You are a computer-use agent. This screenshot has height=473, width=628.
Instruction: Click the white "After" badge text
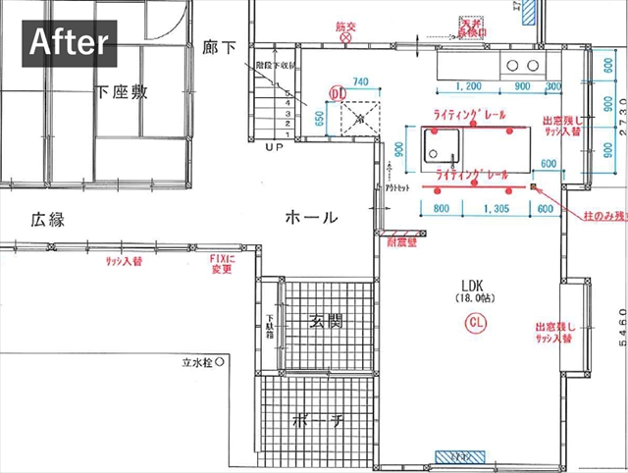point(74,42)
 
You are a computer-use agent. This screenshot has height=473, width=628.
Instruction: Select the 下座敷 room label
point(122,92)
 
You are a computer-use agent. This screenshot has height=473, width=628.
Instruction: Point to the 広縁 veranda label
point(46,220)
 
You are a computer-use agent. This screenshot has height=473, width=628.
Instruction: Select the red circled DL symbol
point(336,91)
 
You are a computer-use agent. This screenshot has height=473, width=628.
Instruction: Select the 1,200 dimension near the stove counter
point(468,86)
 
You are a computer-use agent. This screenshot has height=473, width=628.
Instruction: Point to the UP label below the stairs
point(274,146)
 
